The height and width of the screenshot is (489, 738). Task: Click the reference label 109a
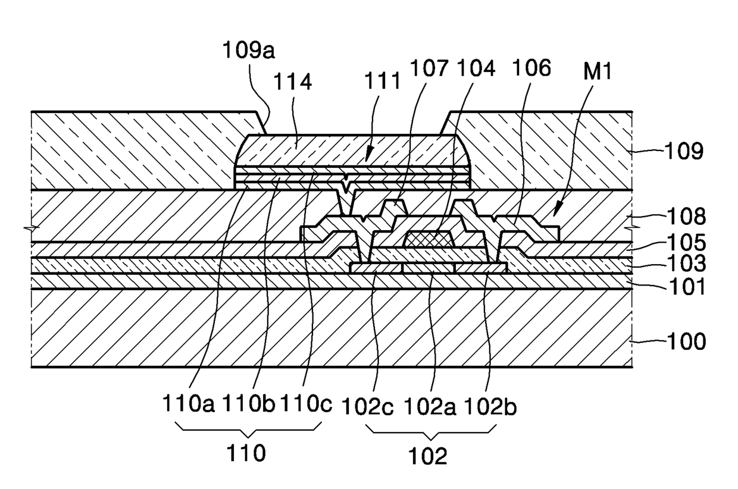pos(249,51)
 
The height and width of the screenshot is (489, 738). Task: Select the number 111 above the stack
pos(382,81)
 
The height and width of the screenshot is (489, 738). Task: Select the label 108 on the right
pos(685,216)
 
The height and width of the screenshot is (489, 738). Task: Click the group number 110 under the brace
pos(246,453)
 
